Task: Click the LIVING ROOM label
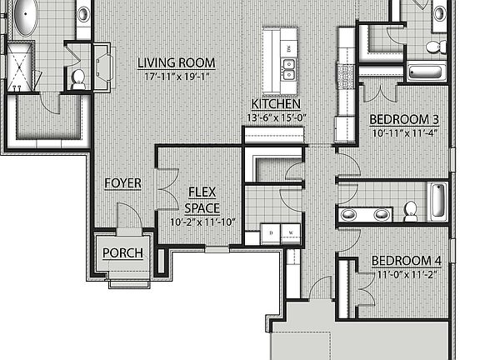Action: pyautogui.click(x=176, y=62)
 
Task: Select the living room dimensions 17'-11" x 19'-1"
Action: pyautogui.click(x=176, y=77)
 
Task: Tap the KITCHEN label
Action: pyautogui.click(x=276, y=104)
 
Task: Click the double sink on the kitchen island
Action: pyautogui.click(x=289, y=68)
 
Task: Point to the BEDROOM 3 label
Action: pyautogui.click(x=404, y=119)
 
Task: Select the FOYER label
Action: pyautogui.click(x=122, y=183)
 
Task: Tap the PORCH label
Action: pyautogui.click(x=122, y=253)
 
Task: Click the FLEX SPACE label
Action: pyautogui.click(x=202, y=199)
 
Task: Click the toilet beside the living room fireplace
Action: pyautogui.click(x=78, y=78)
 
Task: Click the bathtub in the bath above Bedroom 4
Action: pyautogui.click(x=437, y=202)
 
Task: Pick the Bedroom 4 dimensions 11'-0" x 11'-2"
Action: pyautogui.click(x=405, y=273)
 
